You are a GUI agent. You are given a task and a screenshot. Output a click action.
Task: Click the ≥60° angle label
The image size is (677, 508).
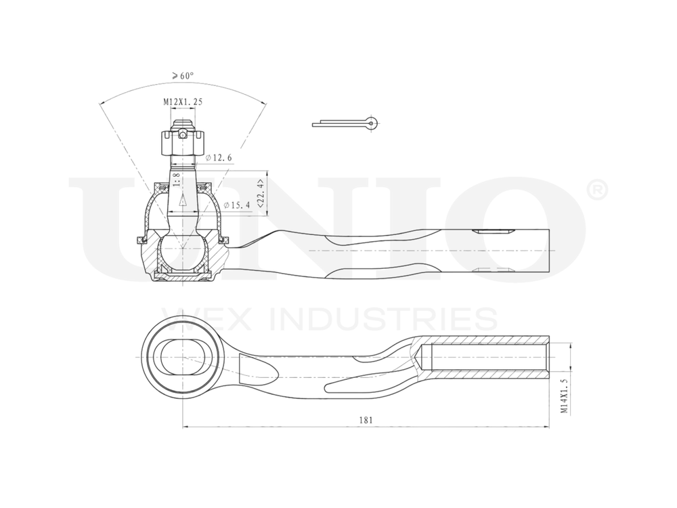[x=182, y=76]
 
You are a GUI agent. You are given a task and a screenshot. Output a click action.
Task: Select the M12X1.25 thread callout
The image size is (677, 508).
[x=183, y=102]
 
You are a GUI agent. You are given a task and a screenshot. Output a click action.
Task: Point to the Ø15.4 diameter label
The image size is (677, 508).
[x=237, y=204]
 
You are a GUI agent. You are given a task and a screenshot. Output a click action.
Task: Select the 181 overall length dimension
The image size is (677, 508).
[x=366, y=420]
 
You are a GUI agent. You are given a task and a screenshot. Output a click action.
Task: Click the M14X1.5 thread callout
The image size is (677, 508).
[x=563, y=396]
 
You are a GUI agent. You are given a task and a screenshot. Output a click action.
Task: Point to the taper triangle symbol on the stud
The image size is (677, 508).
[x=182, y=200]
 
